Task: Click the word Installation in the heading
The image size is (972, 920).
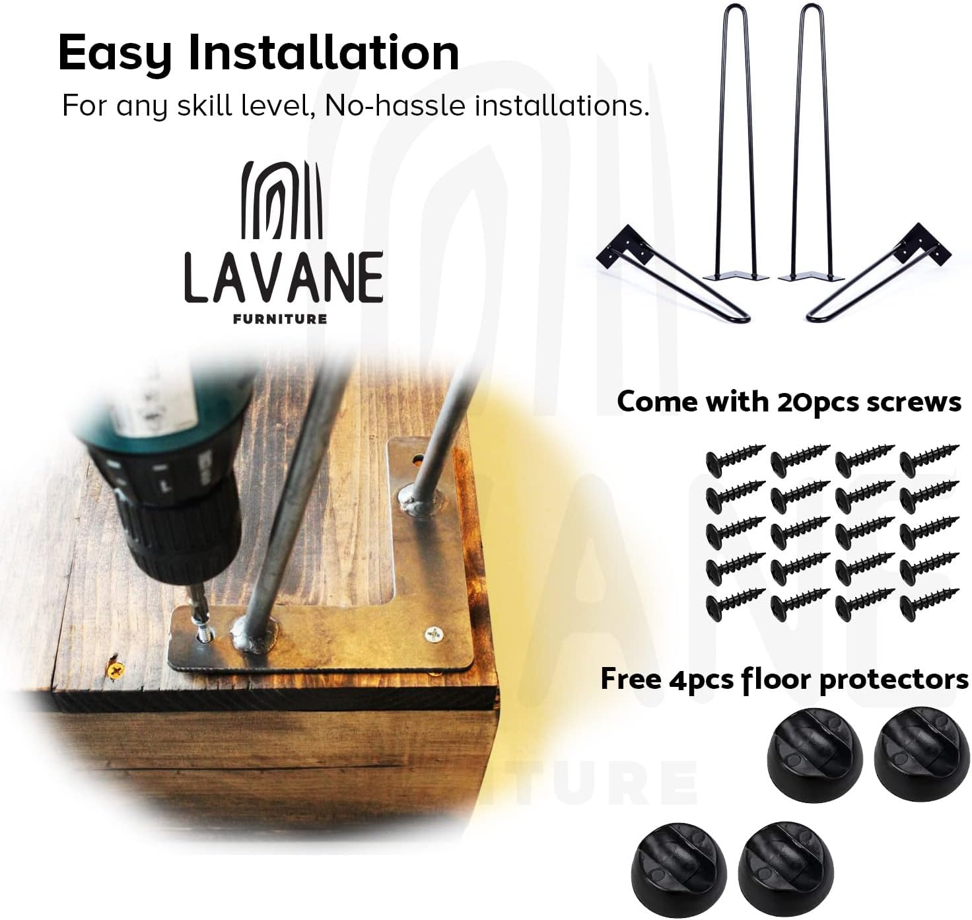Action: pyautogui.click(x=324, y=53)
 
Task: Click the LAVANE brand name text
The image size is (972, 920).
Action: pyautogui.click(x=284, y=277)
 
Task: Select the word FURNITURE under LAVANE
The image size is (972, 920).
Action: pyautogui.click(x=280, y=319)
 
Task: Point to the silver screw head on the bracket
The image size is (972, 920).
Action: pyautogui.click(x=434, y=635)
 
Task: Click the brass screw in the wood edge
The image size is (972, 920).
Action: pyautogui.click(x=116, y=671)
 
